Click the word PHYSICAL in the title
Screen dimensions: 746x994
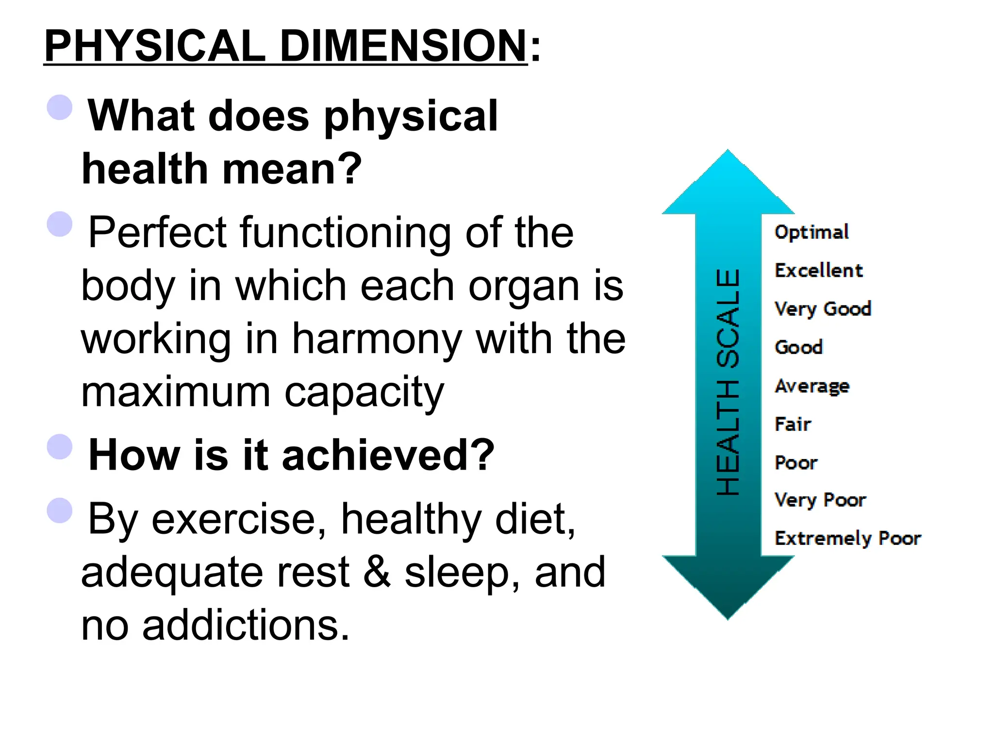154,46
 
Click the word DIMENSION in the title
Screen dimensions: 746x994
403,46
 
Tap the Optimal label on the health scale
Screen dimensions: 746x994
812,232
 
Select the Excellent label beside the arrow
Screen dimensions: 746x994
818,271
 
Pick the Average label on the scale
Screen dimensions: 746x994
812,387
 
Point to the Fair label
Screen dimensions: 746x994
793,424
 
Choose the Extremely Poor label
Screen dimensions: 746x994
847,538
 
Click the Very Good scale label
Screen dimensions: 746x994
823,309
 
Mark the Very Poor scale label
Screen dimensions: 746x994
820,500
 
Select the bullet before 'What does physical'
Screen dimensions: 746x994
60,107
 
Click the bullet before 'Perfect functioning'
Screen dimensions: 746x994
60,224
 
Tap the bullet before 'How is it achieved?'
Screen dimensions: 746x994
60,446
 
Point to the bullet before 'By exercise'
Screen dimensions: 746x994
60,510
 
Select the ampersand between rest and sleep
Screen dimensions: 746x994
377,572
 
